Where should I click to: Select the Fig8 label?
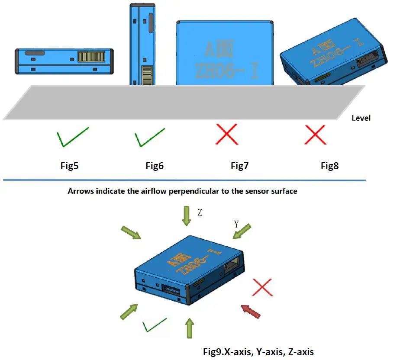pyautogui.click(x=329, y=165)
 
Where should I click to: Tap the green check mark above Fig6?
pyautogui.click(x=149, y=138)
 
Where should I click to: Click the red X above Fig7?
pyautogui.click(x=227, y=135)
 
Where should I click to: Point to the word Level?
pyautogui.click(x=361, y=118)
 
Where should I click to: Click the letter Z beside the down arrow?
pyautogui.click(x=200, y=214)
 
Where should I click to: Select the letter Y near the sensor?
pyautogui.click(x=236, y=224)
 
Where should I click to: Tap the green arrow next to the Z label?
pyautogui.click(x=186, y=216)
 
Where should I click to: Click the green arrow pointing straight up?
pyautogui.click(x=188, y=328)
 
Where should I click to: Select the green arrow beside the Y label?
pyautogui.click(x=242, y=231)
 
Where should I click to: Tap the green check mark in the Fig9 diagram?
pyautogui.click(x=155, y=325)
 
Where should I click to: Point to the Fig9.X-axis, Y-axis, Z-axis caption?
pyautogui.click(x=258, y=351)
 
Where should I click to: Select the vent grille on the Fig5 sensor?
pyautogui.click(x=91, y=57)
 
